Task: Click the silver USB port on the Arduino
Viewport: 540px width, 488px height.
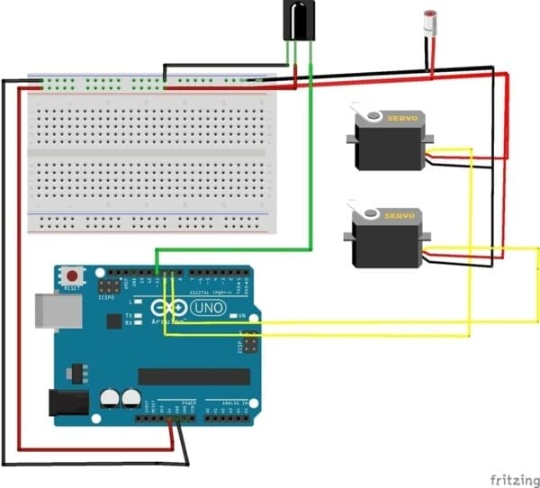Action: click(x=53, y=311)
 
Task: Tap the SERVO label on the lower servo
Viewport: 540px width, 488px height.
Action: click(x=400, y=216)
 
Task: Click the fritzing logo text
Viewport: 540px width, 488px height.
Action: click(x=512, y=474)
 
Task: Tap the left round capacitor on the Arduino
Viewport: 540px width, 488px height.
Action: click(x=109, y=397)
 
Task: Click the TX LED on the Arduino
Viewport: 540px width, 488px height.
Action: click(x=139, y=315)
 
